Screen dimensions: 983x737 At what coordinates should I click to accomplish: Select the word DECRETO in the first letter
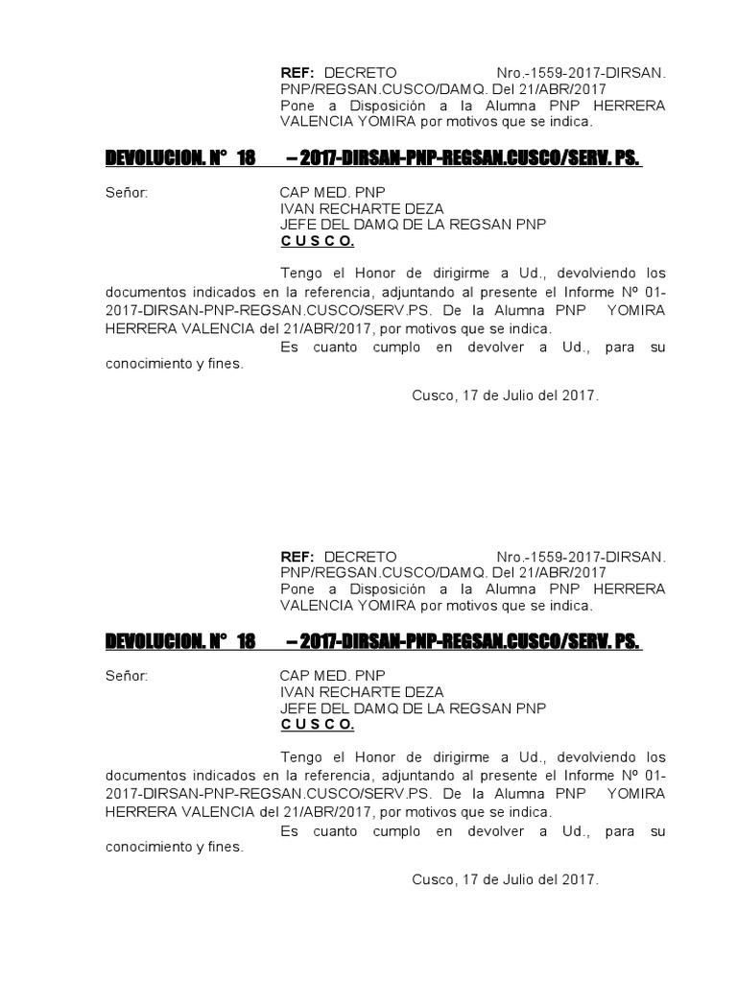pyautogui.click(x=360, y=73)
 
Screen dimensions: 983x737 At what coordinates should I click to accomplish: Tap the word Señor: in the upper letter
pyautogui.click(x=127, y=192)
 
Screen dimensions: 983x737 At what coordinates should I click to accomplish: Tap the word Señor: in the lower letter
pyautogui.click(x=127, y=676)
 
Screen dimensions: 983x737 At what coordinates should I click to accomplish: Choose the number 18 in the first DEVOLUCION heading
pyautogui.click(x=245, y=157)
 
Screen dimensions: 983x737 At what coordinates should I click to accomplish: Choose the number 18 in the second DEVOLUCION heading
pyautogui.click(x=245, y=641)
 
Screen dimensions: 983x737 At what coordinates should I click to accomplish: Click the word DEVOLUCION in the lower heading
pyautogui.click(x=154, y=641)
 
